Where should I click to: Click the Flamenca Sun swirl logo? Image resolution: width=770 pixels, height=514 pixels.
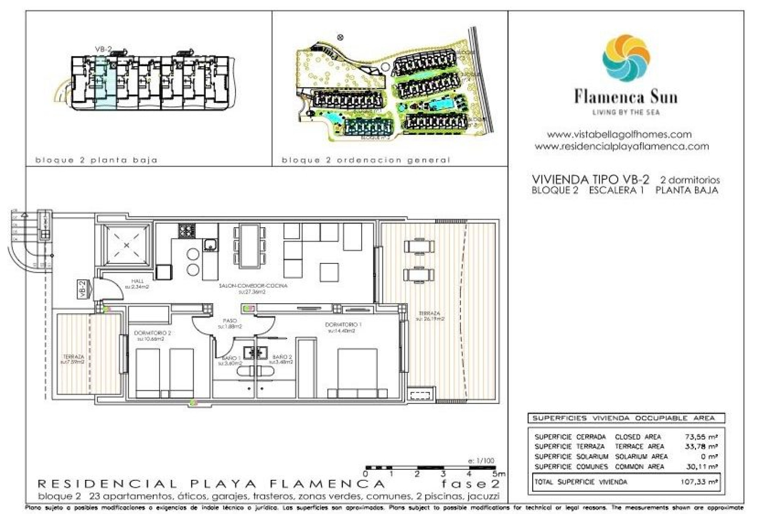[626, 58]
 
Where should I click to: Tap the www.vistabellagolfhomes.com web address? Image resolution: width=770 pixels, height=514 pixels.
[619, 135]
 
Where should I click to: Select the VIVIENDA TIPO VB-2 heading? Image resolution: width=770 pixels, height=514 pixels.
[590, 179]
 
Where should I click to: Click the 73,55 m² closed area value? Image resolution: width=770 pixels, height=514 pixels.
[701, 436]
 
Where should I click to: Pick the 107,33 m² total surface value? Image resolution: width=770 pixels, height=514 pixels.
[699, 481]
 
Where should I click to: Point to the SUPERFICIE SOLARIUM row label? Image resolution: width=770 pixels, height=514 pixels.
[571, 457]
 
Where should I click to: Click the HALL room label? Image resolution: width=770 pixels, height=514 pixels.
[137, 281]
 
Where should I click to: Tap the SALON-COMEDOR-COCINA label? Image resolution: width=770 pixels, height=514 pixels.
[253, 286]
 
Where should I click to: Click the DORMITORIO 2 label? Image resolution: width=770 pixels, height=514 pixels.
[152, 333]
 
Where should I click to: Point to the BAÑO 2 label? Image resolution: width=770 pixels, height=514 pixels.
[282, 357]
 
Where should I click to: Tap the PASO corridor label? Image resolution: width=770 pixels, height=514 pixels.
[230, 321]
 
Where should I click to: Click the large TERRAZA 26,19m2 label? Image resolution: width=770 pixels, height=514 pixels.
[430, 316]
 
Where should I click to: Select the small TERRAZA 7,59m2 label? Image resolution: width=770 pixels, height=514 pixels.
[73, 359]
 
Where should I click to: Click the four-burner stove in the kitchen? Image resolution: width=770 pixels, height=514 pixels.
[187, 230]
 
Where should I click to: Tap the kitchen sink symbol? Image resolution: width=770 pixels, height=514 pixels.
[210, 244]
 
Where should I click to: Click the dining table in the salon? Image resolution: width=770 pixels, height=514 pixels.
[249, 246]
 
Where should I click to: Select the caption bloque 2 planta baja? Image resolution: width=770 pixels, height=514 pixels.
[96, 160]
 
